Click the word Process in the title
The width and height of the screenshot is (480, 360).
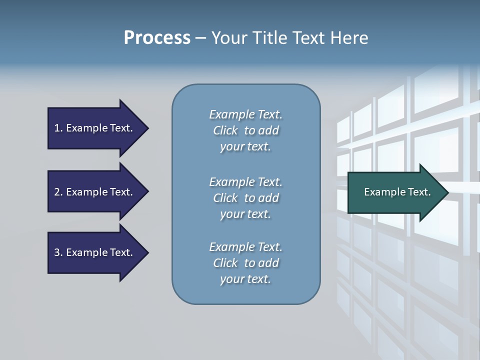tap(157, 38)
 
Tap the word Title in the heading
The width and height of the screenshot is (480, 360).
tap(269, 38)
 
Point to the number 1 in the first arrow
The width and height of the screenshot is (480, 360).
tap(57, 128)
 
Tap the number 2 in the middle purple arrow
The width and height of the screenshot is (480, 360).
tap(57, 192)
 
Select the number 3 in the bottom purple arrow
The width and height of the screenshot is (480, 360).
tap(57, 252)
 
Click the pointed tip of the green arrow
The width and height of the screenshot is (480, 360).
tap(446, 192)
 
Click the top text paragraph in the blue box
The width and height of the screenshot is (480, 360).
tap(245, 130)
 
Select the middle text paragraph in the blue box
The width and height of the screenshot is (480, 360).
tap(245, 198)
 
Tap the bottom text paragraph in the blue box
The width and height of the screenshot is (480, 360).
tap(245, 263)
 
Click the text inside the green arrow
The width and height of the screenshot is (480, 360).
tap(397, 192)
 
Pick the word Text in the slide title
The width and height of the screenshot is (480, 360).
tap(307, 38)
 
